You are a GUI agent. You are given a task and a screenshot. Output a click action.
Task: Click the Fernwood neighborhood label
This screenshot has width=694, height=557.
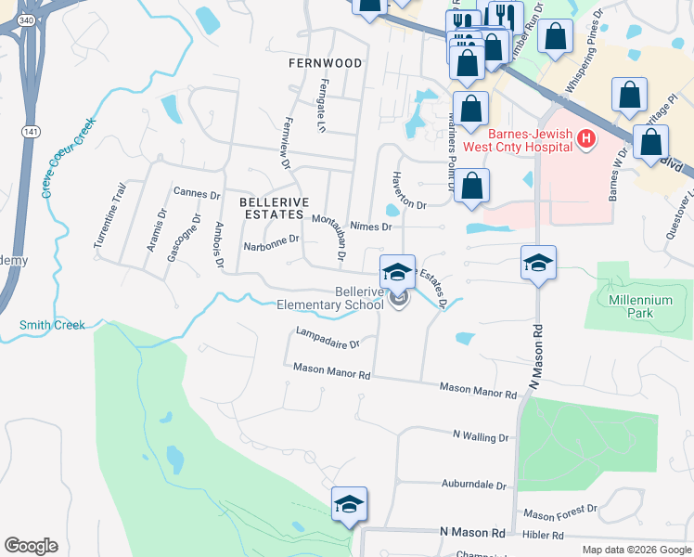[x=325, y=63]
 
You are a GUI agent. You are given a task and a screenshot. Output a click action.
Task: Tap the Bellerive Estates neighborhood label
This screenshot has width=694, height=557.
[x=272, y=207]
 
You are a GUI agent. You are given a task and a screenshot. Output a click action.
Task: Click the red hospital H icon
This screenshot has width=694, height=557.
[x=585, y=140]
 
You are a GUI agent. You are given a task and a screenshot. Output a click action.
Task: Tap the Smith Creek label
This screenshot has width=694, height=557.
[x=52, y=325]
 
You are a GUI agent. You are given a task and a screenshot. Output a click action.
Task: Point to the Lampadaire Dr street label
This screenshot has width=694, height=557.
[x=327, y=337]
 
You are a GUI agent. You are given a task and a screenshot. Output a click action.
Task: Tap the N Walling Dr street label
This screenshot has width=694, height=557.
[x=481, y=435]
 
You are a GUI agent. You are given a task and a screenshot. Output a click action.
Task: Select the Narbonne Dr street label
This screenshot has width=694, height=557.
[x=271, y=242]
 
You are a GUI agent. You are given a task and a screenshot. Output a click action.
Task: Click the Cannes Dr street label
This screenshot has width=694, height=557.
[x=197, y=194]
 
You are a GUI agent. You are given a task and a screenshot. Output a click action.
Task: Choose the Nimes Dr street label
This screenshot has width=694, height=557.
[x=372, y=226]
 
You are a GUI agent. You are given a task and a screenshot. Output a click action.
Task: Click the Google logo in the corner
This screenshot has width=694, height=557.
[x=31, y=546]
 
